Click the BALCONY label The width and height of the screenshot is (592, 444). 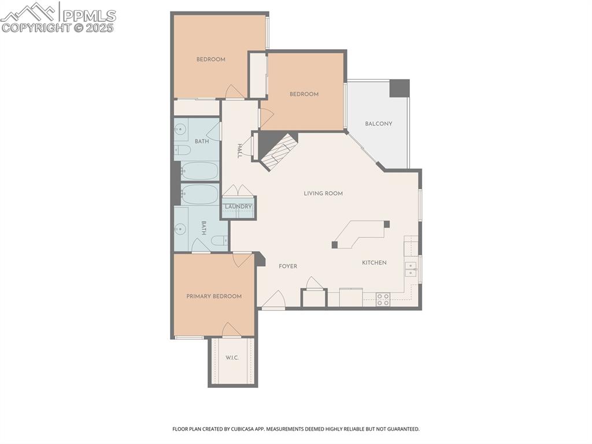pyautogui.click(x=379, y=124)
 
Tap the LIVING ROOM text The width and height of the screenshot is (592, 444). pyautogui.click(x=323, y=193)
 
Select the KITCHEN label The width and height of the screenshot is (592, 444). pyautogui.click(x=374, y=263)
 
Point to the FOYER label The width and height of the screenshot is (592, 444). pyautogui.click(x=288, y=266)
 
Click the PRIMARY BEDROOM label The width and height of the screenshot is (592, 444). pyautogui.click(x=214, y=296)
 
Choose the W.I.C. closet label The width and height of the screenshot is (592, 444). pyautogui.click(x=232, y=358)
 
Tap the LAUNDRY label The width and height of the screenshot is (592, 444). pyautogui.click(x=238, y=207)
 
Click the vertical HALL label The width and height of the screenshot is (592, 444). pyautogui.click(x=239, y=152)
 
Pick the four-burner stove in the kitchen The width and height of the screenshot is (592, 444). pyautogui.click(x=383, y=299)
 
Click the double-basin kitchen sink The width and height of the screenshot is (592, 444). pyautogui.click(x=412, y=269)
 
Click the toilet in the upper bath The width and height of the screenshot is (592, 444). pyautogui.click(x=183, y=151)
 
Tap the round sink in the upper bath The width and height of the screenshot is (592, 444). pyautogui.click(x=179, y=130)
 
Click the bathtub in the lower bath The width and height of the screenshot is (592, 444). pyautogui.click(x=199, y=195)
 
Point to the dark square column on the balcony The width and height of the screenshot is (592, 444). pyautogui.click(x=399, y=88)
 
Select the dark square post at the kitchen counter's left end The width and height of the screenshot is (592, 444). pyautogui.click(x=335, y=245)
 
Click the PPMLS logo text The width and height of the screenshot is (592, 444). pyautogui.click(x=88, y=16)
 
